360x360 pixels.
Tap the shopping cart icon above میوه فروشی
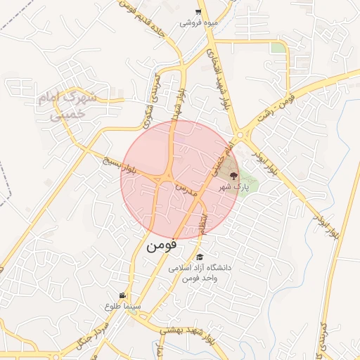point(199,11)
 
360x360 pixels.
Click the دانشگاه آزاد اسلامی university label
point(200,273)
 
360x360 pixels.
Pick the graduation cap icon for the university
point(200,257)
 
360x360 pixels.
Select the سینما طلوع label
point(123,307)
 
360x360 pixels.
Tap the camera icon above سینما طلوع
point(122,295)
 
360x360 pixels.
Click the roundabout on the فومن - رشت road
point(243,135)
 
